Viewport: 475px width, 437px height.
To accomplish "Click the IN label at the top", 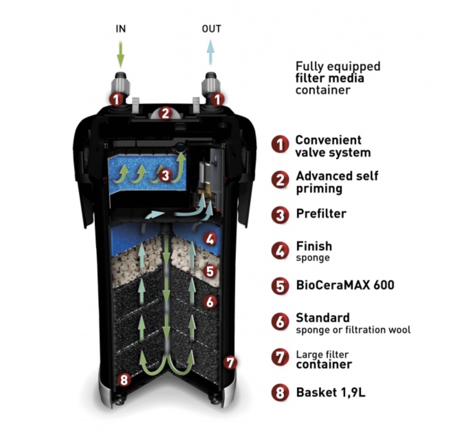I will [x=121, y=29].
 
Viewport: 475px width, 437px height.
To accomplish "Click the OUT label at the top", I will [x=211, y=29].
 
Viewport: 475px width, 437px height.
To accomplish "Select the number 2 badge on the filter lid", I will [x=165, y=113].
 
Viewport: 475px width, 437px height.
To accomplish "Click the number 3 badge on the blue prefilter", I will [x=165, y=175].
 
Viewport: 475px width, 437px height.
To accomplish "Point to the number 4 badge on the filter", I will [x=210, y=239].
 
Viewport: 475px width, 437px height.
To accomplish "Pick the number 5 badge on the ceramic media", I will [x=210, y=271].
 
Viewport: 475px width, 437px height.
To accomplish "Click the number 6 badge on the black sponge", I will [x=210, y=302].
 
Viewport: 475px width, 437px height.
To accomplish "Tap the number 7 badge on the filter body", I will [x=230, y=362].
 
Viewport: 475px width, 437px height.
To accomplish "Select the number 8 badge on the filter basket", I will [x=124, y=379].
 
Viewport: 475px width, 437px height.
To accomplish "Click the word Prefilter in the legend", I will [x=321, y=213].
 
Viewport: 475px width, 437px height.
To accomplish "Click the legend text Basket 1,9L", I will [x=330, y=392].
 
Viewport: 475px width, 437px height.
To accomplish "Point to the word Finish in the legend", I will [x=314, y=246].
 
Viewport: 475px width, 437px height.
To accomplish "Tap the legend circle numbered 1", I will [x=280, y=145].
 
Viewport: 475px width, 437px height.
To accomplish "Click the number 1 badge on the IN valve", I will [x=116, y=99].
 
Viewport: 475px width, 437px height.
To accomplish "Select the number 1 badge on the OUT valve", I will [x=217, y=99].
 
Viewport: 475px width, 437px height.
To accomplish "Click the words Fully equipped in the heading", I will [x=337, y=66].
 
